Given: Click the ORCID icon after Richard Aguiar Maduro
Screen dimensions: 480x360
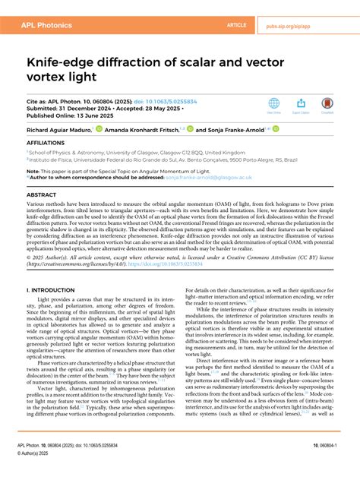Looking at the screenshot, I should pyautogui.click(x=99, y=130).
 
